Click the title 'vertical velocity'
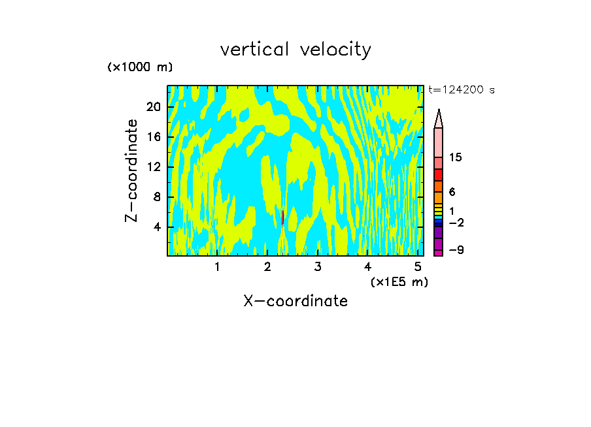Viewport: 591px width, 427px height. (295, 50)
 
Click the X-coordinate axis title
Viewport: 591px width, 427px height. (295, 301)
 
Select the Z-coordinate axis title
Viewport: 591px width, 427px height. (133, 170)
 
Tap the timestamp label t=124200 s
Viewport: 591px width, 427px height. (462, 90)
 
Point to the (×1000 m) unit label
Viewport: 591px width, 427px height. (140, 68)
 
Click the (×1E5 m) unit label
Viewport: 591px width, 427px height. (399, 281)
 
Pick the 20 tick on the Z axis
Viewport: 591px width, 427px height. (153, 108)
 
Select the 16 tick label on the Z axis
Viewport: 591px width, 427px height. (153, 138)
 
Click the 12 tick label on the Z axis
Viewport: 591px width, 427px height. (153, 168)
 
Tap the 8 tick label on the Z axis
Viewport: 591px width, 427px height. (157, 197)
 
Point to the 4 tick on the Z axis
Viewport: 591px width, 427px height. (157, 227)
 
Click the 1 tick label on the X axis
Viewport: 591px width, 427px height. (217, 267)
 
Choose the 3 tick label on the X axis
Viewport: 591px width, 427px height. (317, 267)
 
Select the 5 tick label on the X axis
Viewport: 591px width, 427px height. (417, 267)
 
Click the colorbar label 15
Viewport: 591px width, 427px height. (456, 158)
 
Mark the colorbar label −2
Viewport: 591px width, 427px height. (456, 223)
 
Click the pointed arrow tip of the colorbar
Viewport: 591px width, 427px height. (439, 112)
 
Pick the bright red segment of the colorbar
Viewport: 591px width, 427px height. (438, 175)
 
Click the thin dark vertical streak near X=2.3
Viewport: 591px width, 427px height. (282, 217)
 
